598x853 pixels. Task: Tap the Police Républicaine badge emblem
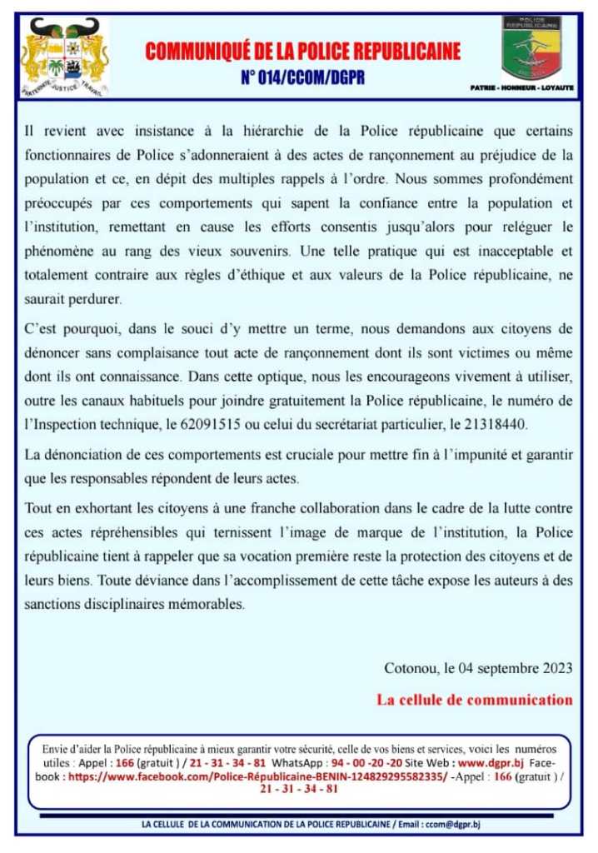point(531,47)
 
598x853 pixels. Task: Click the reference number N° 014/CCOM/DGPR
point(302,80)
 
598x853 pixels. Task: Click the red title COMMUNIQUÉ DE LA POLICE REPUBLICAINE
point(302,52)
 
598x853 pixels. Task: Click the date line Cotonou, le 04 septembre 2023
point(478,668)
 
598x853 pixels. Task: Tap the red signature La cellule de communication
point(475,700)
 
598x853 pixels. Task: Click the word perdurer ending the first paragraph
point(85,297)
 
